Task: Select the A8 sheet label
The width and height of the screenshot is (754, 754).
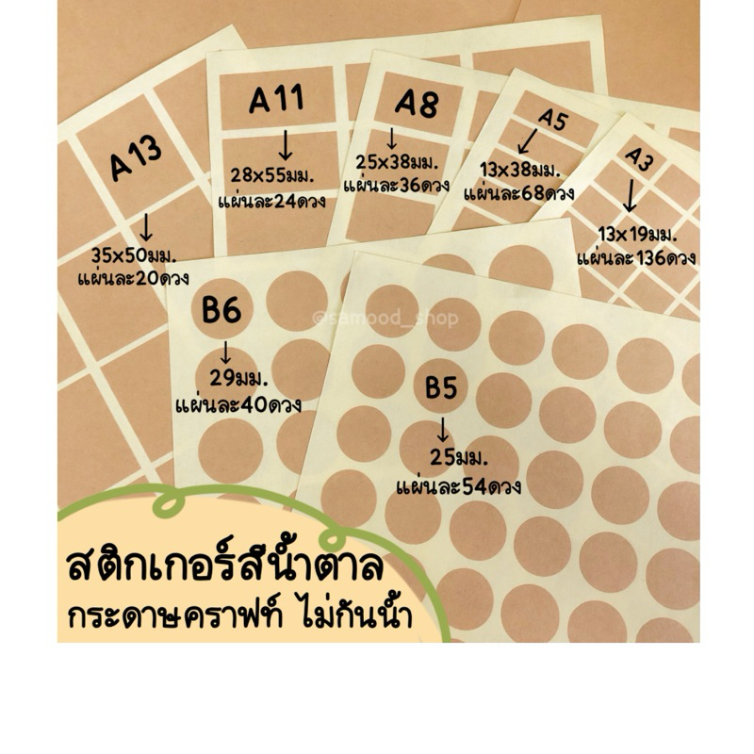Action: click(x=417, y=102)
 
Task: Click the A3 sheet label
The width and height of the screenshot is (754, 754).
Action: click(x=638, y=160)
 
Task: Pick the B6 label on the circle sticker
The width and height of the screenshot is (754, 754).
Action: click(x=222, y=312)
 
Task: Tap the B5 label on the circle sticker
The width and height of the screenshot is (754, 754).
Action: click(x=442, y=387)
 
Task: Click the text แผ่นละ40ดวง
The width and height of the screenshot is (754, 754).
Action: click(x=238, y=406)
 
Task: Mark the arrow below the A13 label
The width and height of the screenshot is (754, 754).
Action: click(x=146, y=226)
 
